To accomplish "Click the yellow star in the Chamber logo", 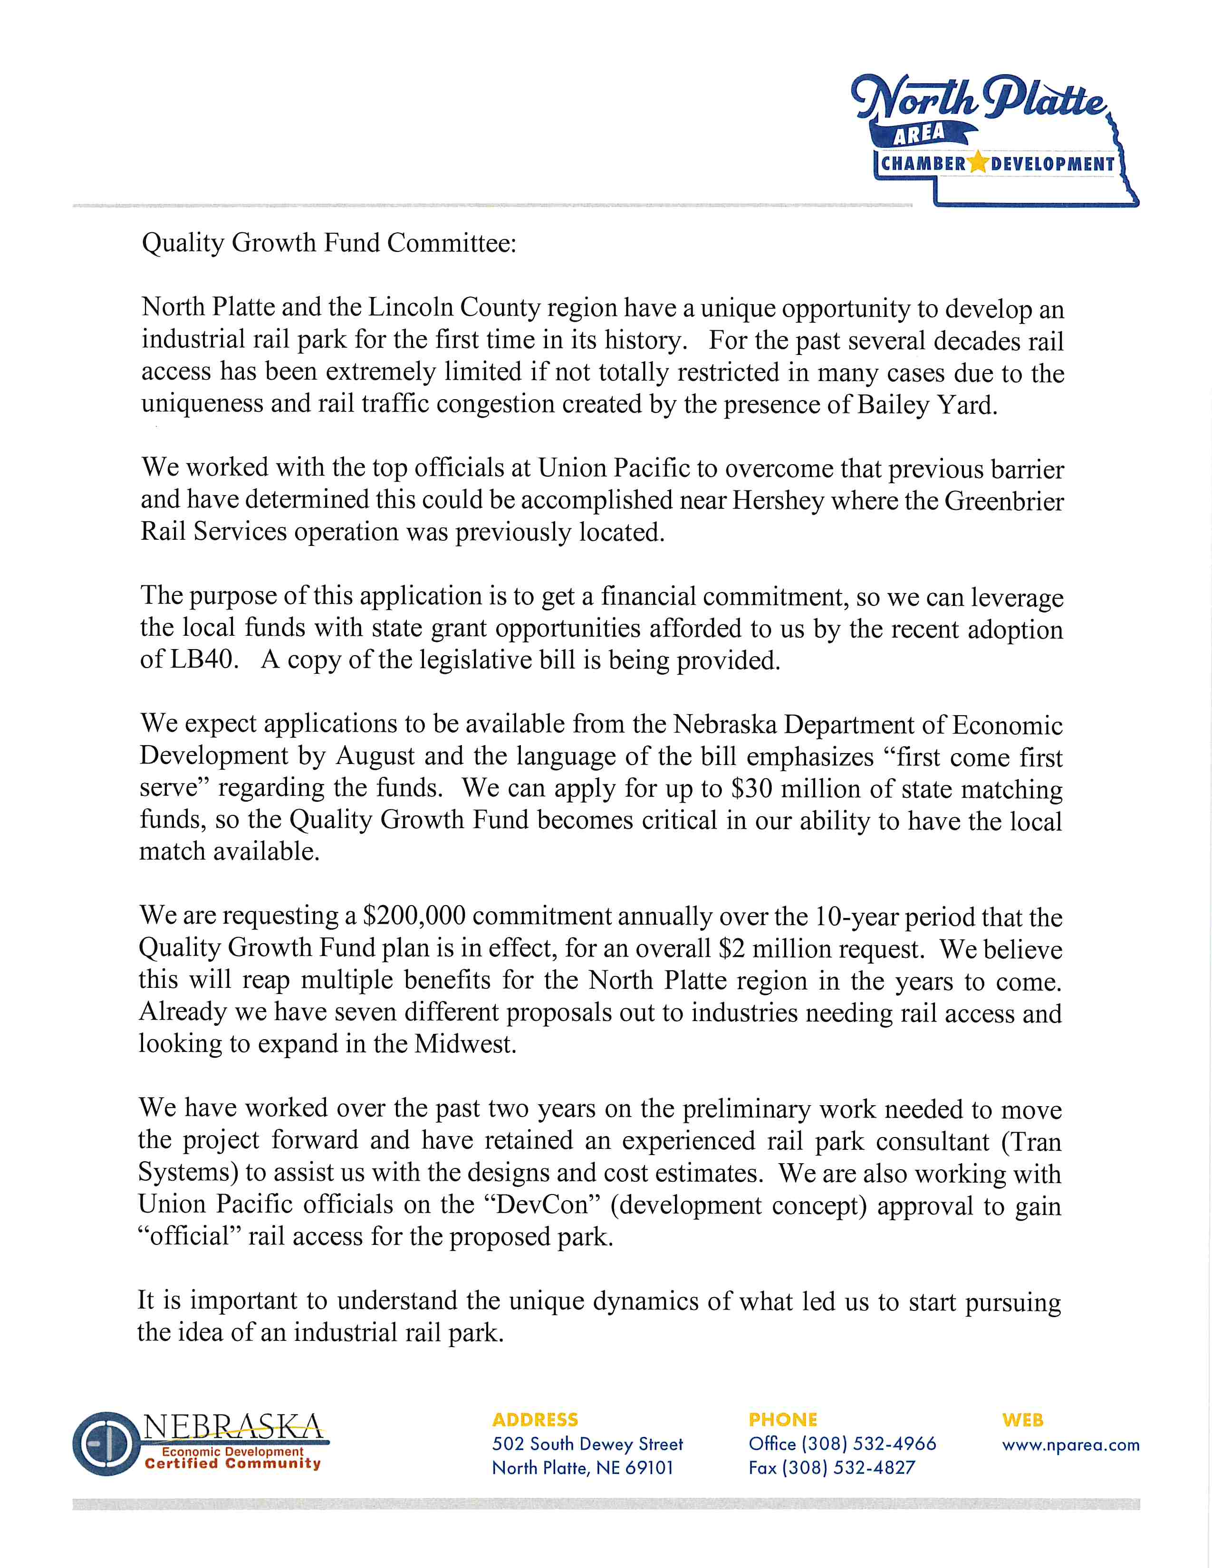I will [x=978, y=163].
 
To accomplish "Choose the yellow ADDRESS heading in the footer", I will [x=535, y=1419].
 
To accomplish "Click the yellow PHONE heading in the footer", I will [x=783, y=1419].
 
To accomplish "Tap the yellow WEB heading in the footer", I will [x=1022, y=1419].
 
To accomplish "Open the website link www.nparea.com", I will [x=1070, y=1444].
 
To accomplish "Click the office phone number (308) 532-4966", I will [x=869, y=1444].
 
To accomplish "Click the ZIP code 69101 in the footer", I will [x=649, y=1467].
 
